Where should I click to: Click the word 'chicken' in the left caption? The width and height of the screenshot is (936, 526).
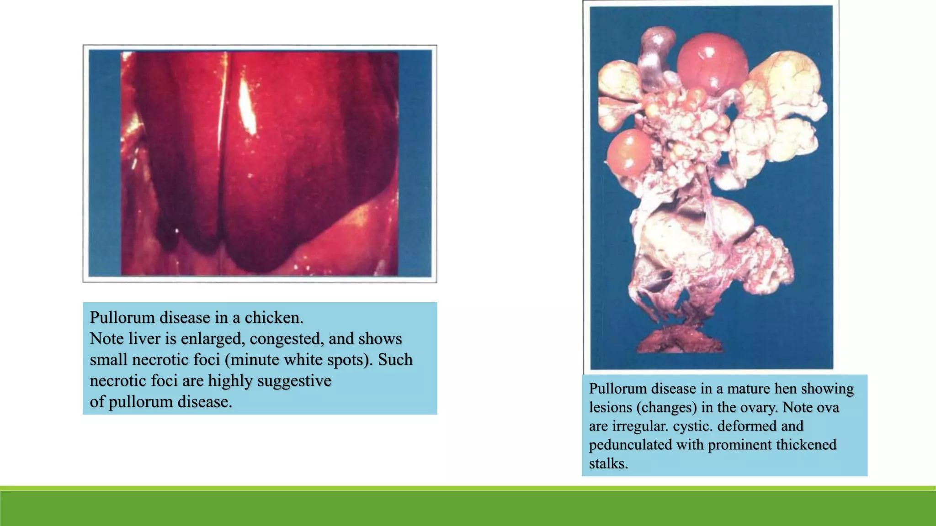(273, 317)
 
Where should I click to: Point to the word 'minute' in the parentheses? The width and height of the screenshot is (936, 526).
(255, 359)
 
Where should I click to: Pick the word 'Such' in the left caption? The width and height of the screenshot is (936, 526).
(395, 359)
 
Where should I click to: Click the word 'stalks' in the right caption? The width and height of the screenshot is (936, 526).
(608, 463)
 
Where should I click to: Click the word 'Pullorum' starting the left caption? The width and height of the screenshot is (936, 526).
(118, 317)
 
